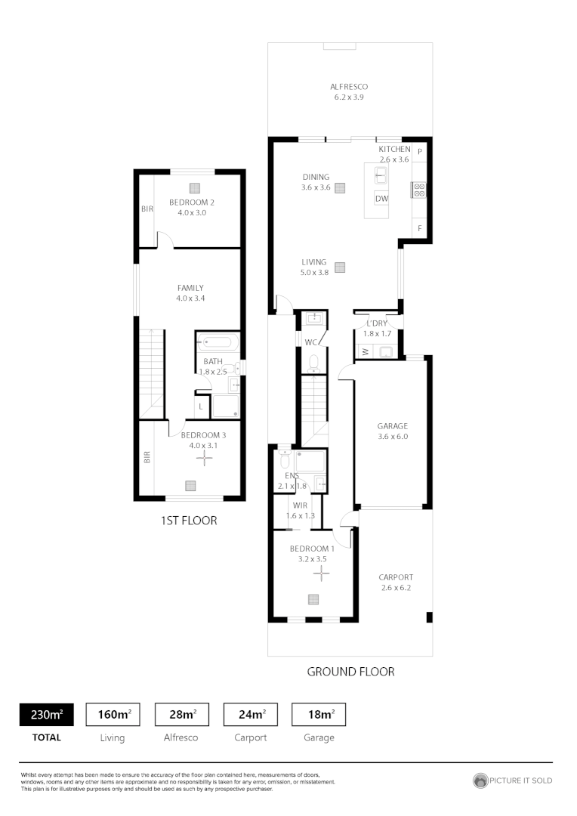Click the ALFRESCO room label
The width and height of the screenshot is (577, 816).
349,87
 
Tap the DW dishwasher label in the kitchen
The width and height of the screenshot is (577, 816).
382,199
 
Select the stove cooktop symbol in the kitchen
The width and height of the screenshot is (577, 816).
419,190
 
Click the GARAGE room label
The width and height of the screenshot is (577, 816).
392,425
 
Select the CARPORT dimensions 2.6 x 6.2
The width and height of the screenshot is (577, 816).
396,587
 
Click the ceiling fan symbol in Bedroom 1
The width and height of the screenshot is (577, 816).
322,575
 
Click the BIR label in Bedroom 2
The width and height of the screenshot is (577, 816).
147,209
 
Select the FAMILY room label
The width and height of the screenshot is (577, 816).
190,288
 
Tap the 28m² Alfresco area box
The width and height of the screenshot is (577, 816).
182,714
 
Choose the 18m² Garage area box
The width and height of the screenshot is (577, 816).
319,714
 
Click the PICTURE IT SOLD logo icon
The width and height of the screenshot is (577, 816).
480,780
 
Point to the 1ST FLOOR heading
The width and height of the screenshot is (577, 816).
189,521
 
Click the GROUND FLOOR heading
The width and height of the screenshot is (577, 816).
350,672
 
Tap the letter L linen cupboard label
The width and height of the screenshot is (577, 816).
200,407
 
